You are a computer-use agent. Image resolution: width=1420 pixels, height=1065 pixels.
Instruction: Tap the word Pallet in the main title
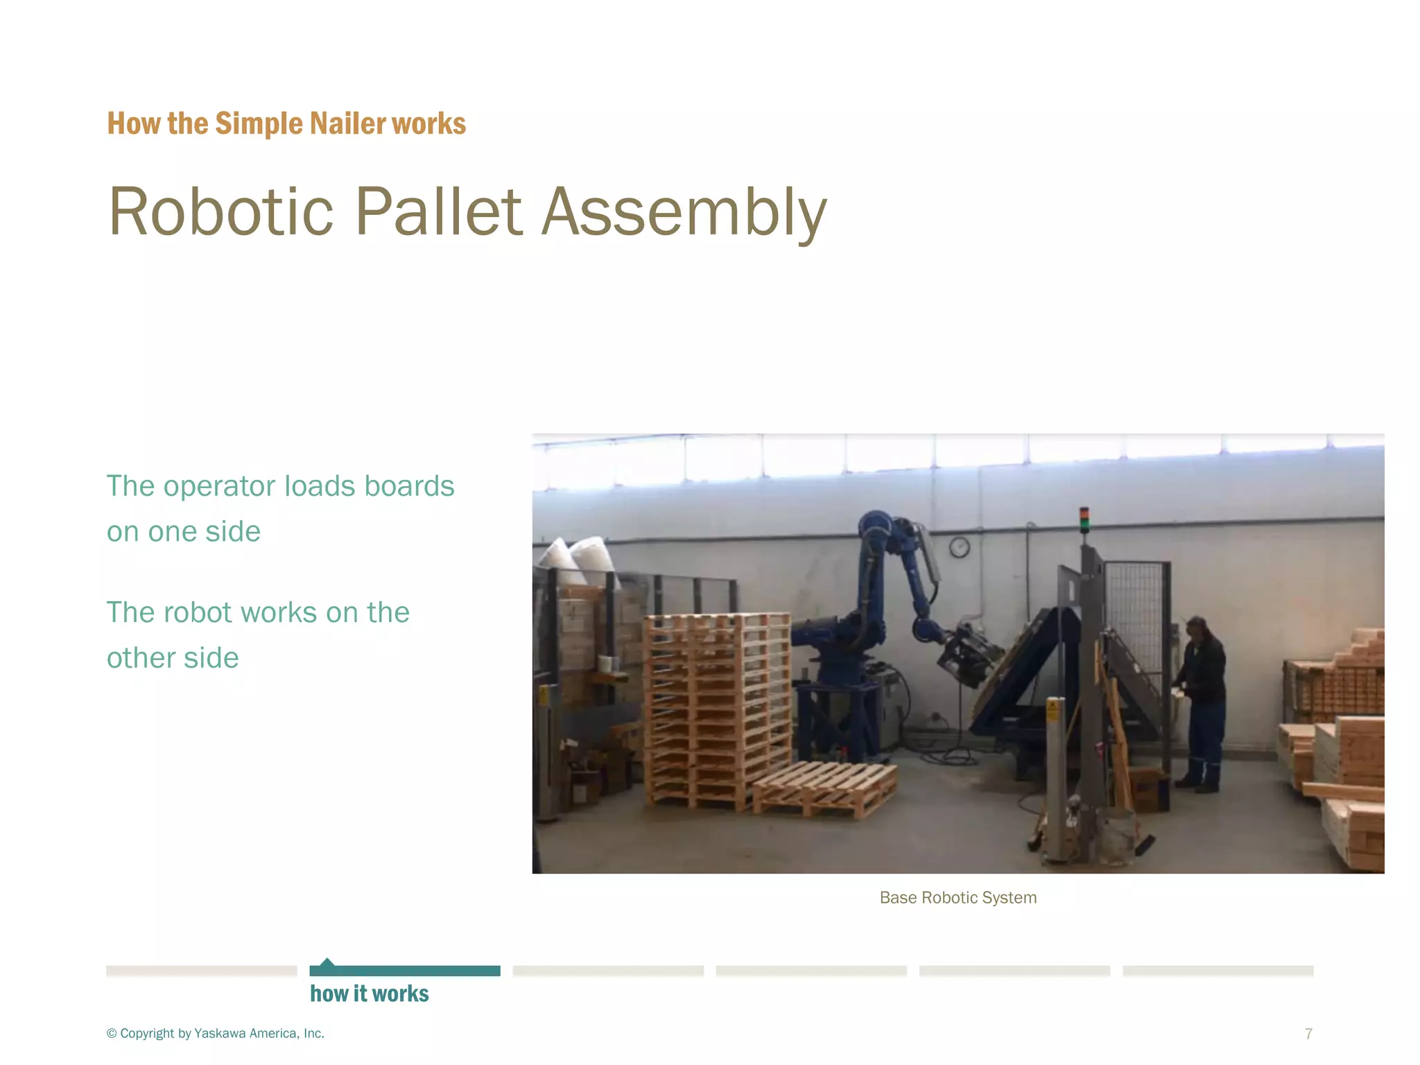438,211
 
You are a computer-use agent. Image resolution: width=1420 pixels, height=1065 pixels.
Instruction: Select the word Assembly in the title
684,211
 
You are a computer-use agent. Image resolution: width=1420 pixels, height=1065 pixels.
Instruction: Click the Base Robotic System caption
958,898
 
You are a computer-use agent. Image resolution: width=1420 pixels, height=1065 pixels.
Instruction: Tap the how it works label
369,994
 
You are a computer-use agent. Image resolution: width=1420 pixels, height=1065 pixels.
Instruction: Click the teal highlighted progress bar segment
405,971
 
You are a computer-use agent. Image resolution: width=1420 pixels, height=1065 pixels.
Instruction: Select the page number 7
1308,1034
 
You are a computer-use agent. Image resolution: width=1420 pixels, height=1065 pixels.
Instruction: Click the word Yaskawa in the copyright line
220,1034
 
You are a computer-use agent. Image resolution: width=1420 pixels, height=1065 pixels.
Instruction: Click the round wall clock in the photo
959,547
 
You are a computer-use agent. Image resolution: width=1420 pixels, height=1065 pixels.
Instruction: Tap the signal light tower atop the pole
1084,519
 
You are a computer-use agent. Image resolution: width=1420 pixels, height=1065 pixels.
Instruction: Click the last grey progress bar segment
1218,971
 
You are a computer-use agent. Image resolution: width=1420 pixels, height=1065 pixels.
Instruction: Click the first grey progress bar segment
201,971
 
